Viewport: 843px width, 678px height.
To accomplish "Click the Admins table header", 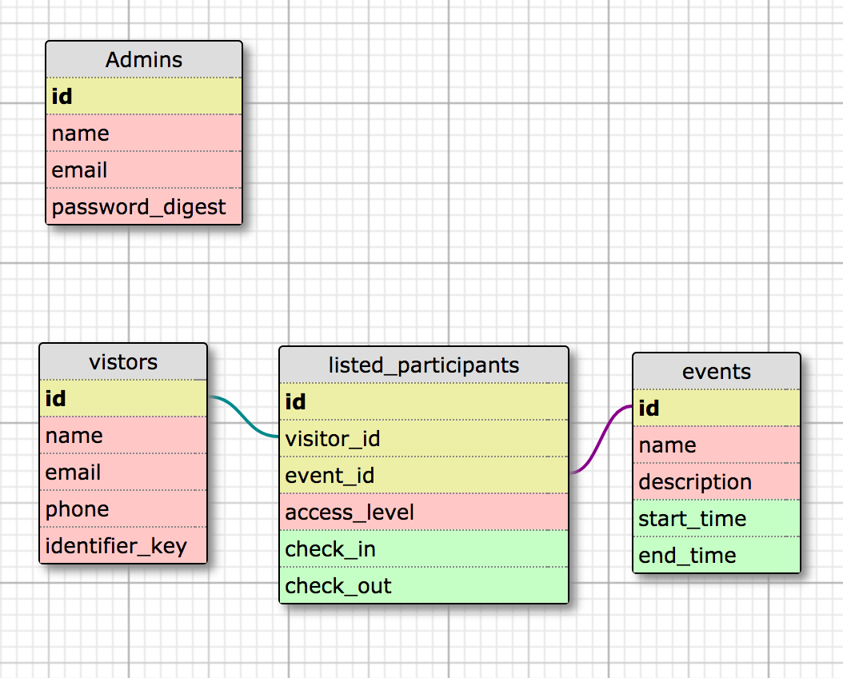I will [x=144, y=60].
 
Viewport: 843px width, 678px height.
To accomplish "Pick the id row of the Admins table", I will [x=144, y=97].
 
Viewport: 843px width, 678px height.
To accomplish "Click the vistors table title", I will [x=123, y=362].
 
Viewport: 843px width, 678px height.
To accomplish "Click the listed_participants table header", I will [x=424, y=365].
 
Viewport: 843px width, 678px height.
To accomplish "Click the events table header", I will [x=717, y=372].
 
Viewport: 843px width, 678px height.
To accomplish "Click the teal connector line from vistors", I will [x=244, y=417].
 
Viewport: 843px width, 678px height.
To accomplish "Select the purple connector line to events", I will [x=601, y=440].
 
